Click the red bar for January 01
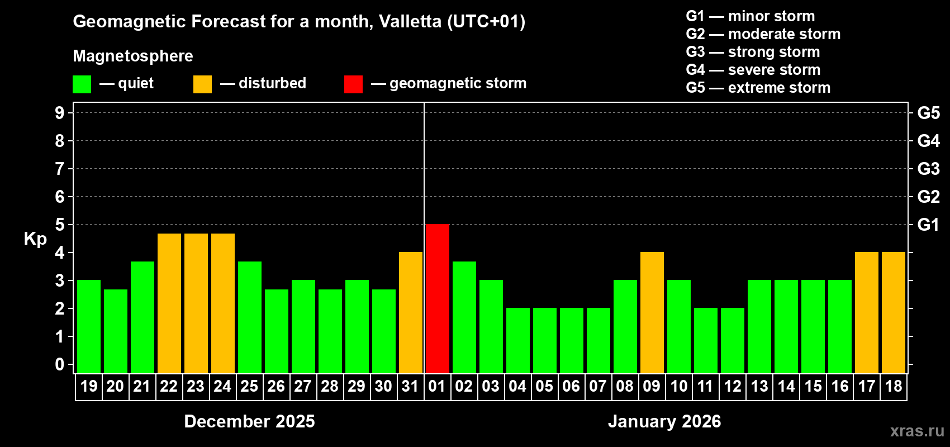pyautogui.click(x=438, y=298)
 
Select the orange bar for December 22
pyautogui.click(x=169, y=303)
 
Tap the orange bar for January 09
pyautogui.click(x=652, y=312)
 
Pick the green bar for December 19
pyautogui.click(x=89, y=326)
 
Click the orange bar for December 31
pyautogui.click(x=411, y=312)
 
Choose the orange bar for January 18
pyautogui.click(x=894, y=312)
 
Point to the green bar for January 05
pyautogui.click(x=545, y=340)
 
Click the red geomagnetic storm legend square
pyautogui.click(x=353, y=84)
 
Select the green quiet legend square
pyautogui.click(x=82, y=84)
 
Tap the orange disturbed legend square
pyautogui.click(x=202, y=84)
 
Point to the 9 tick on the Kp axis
pyautogui.click(x=60, y=113)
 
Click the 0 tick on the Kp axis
pyautogui.click(x=60, y=364)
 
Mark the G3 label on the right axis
pyautogui.click(x=928, y=169)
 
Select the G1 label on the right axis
pyautogui.click(x=928, y=225)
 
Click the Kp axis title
pyautogui.click(x=35, y=239)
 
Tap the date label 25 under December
pyautogui.click(x=249, y=386)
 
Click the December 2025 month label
pyautogui.click(x=249, y=421)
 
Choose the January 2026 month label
pyautogui.click(x=664, y=421)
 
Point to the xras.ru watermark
pyautogui.click(x=917, y=431)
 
